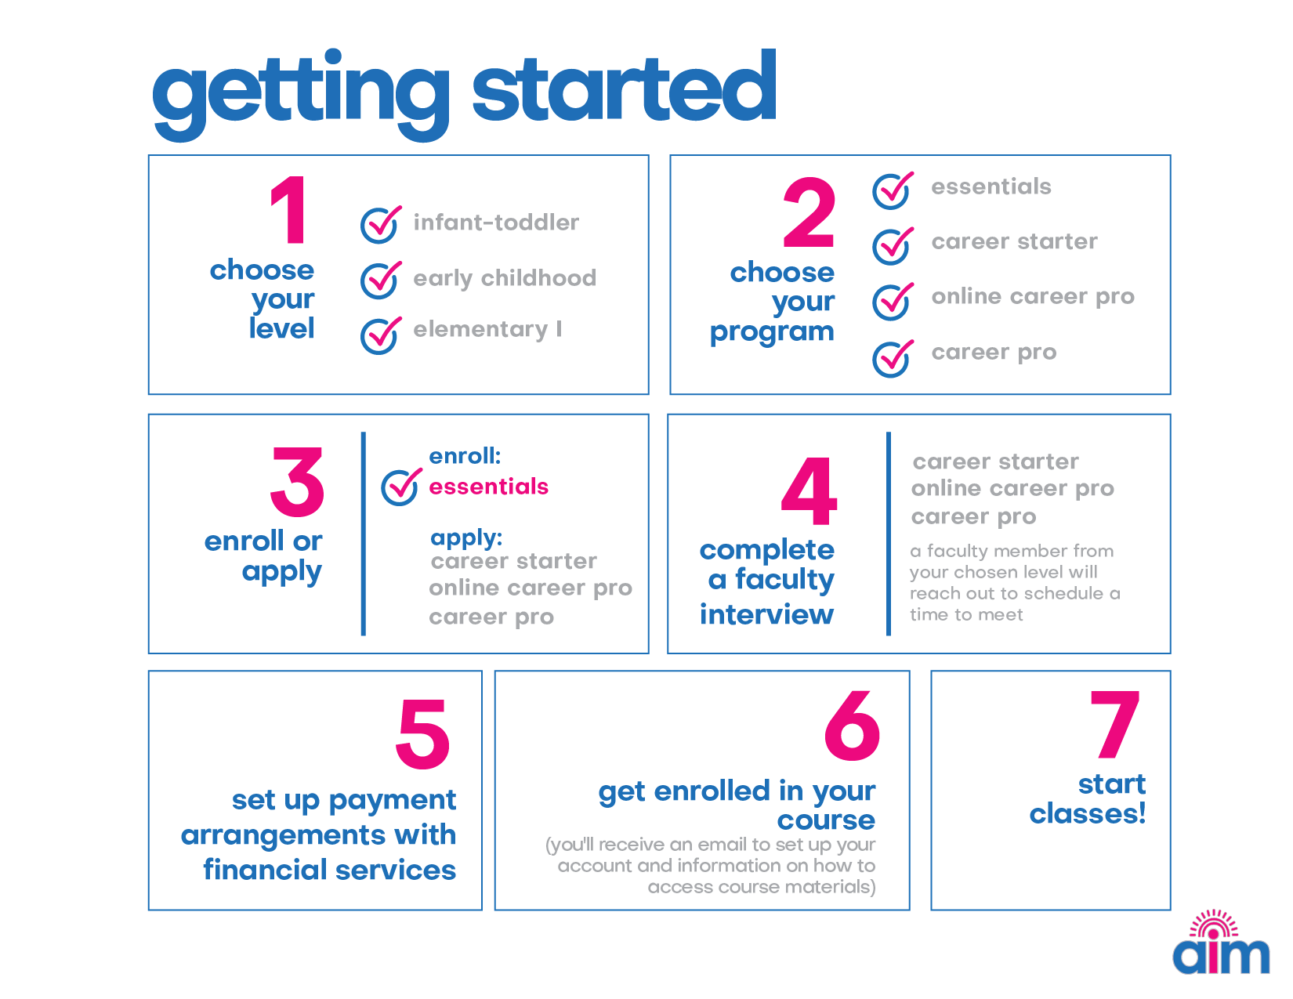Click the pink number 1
[289, 210]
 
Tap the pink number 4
[809, 491]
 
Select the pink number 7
[1114, 724]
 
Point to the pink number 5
[422, 733]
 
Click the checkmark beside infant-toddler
[380, 224]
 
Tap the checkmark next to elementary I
[380, 335]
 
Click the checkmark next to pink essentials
[401, 487]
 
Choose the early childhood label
[505, 278]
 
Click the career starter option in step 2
[1015, 241]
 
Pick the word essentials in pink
[488, 487]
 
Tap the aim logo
[1220, 942]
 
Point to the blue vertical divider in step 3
[364, 534]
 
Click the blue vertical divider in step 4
[889, 534]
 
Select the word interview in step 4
[766, 614]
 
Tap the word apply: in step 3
[466, 539]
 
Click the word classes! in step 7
[1087, 813]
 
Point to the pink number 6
[852, 726]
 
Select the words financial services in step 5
[330, 869]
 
